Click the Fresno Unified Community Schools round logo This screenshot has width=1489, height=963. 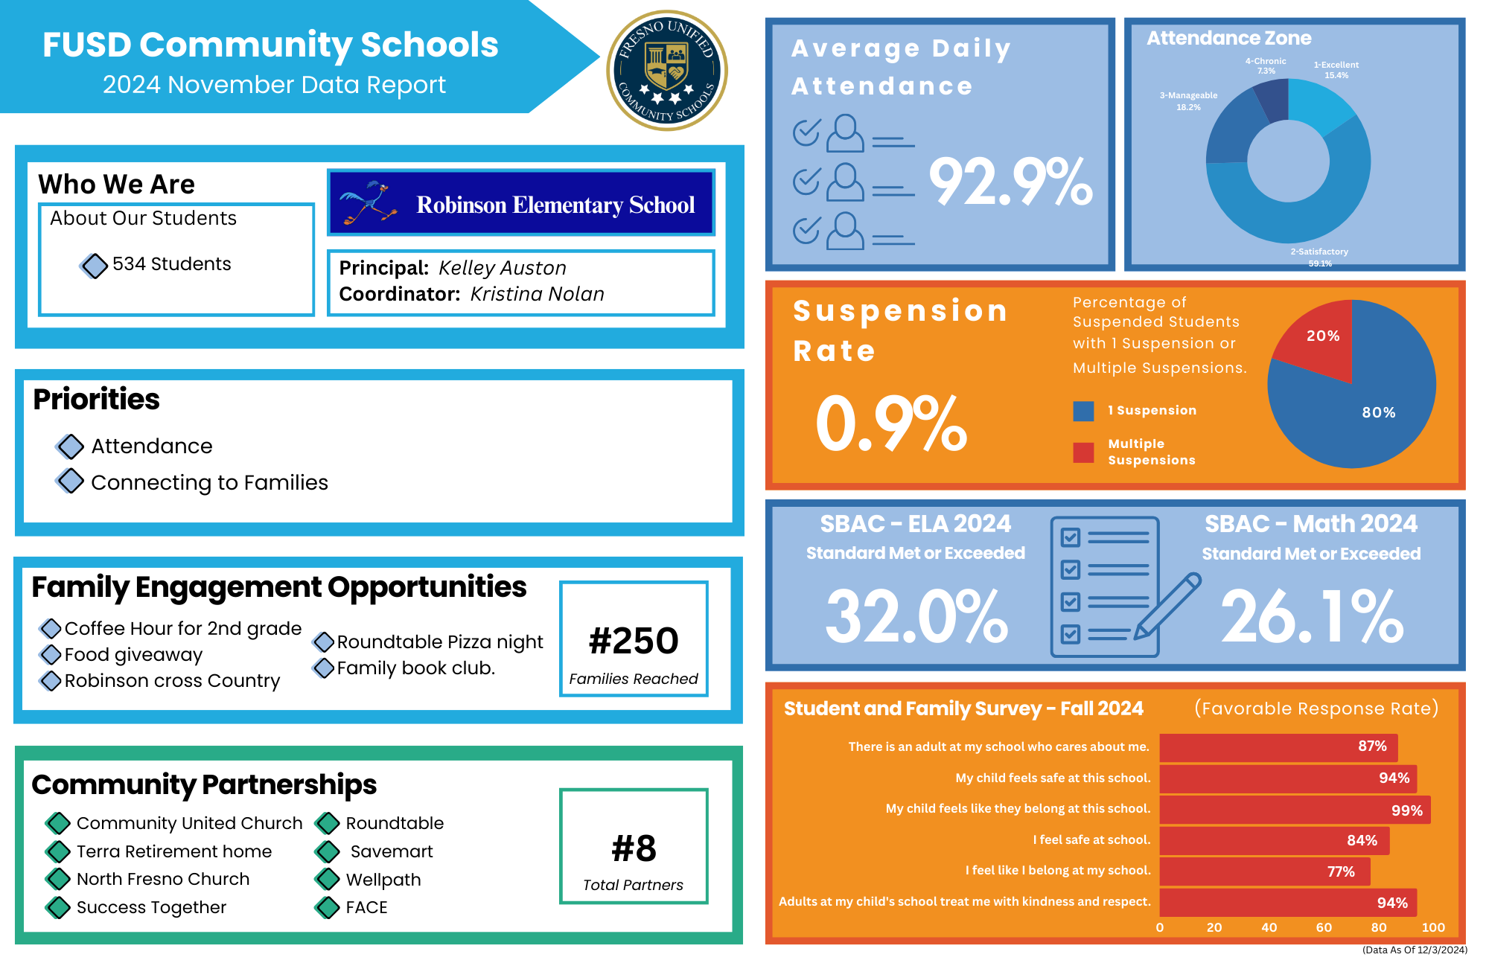(x=667, y=71)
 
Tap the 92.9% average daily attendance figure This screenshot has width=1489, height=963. (x=1010, y=182)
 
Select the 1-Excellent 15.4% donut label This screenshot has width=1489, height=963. (x=1336, y=70)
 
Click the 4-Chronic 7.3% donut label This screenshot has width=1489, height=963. (x=1266, y=66)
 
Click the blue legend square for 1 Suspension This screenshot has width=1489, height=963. (x=1083, y=411)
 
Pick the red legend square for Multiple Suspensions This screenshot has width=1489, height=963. (x=1083, y=452)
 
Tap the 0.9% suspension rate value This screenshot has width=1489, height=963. (x=891, y=423)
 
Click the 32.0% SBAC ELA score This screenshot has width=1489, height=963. (x=916, y=616)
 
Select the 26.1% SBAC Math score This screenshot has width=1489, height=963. (x=1312, y=616)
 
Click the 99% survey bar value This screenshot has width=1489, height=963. (x=1406, y=810)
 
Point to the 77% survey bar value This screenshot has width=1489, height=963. (x=1341, y=871)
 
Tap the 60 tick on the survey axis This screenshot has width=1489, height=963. (x=1324, y=927)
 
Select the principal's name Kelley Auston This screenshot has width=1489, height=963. (x=503, y=268)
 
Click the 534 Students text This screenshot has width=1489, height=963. (x=171, y=264)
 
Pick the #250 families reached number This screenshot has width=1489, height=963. (x=634, y=641)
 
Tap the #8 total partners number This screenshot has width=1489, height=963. (x=634, y=848)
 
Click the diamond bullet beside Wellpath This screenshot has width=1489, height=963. (x=328, y=880)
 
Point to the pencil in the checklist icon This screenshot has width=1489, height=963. (x=1167, y=606)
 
